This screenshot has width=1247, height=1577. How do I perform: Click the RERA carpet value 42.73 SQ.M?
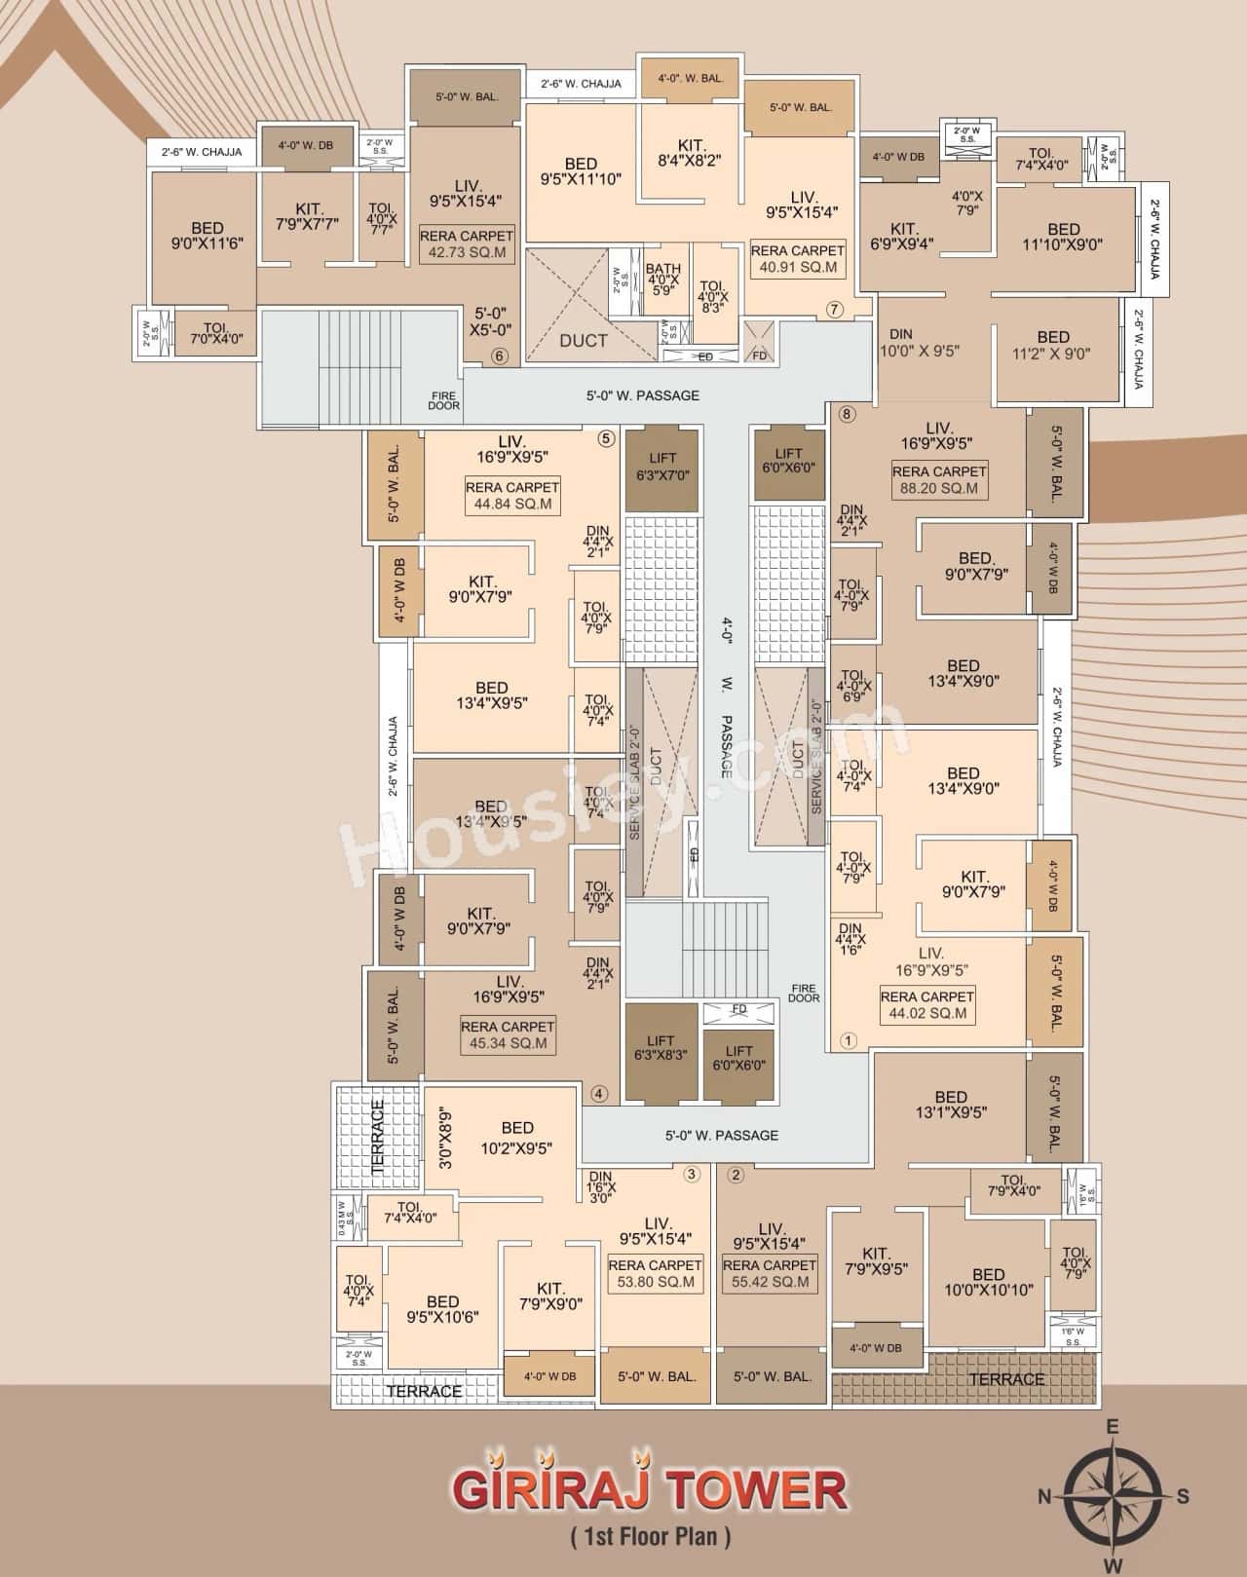(x=467, y=252)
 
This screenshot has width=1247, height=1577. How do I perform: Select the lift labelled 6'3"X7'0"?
(x=661, y=467)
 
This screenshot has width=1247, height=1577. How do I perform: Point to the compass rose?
(x=1113, y=1497)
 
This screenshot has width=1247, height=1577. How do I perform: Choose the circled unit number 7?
(x=834, y=310)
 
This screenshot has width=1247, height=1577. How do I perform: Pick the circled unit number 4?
(x=599, y=1093)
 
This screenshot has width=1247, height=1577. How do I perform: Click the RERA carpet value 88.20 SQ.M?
(x=939, y=489)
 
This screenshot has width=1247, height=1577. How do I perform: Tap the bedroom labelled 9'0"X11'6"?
(x=207, y=237)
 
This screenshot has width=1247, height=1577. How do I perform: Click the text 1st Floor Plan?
(x=650, y=1538)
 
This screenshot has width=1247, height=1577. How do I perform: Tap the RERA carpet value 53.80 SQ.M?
(x=655, y=1281)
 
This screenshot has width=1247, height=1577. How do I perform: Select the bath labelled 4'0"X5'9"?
(x=662, y=280)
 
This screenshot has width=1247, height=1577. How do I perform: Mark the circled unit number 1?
(x=847, y=1040)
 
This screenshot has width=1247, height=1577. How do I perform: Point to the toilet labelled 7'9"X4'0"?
(x=1012, y=1184)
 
